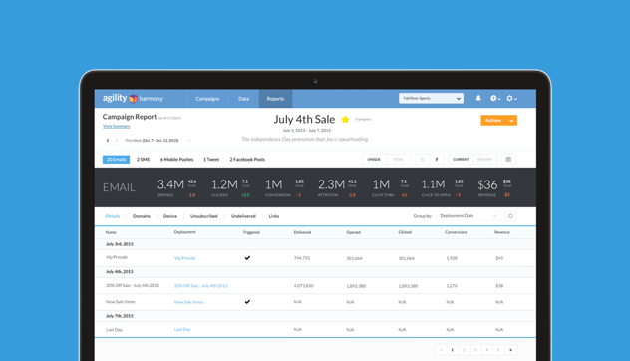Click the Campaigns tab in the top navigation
[x=207, y=99]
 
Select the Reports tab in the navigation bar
[x=275, y=99]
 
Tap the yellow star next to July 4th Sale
[x=345, y=120]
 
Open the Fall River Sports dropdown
[x=431, y=99]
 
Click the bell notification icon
[x=478, y=99]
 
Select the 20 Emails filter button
[x=117, y=160]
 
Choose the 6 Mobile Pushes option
[x=177, y=160]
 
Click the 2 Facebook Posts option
[x=247, y=160]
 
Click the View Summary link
[x=117, y=127]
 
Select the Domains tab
[x=142, y=216]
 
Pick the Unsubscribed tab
[x=204, y=216]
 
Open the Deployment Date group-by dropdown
[x=469, y=216]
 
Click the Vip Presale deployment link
[x=185, y=258]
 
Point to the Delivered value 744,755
[x=302, y=258]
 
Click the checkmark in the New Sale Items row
[x=247, y=302]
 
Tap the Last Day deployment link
[x=182, y=330]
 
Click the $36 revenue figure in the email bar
[x=487, y=184]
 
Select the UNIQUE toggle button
[x=374, y=160]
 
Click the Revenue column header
[x=502, y=232]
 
